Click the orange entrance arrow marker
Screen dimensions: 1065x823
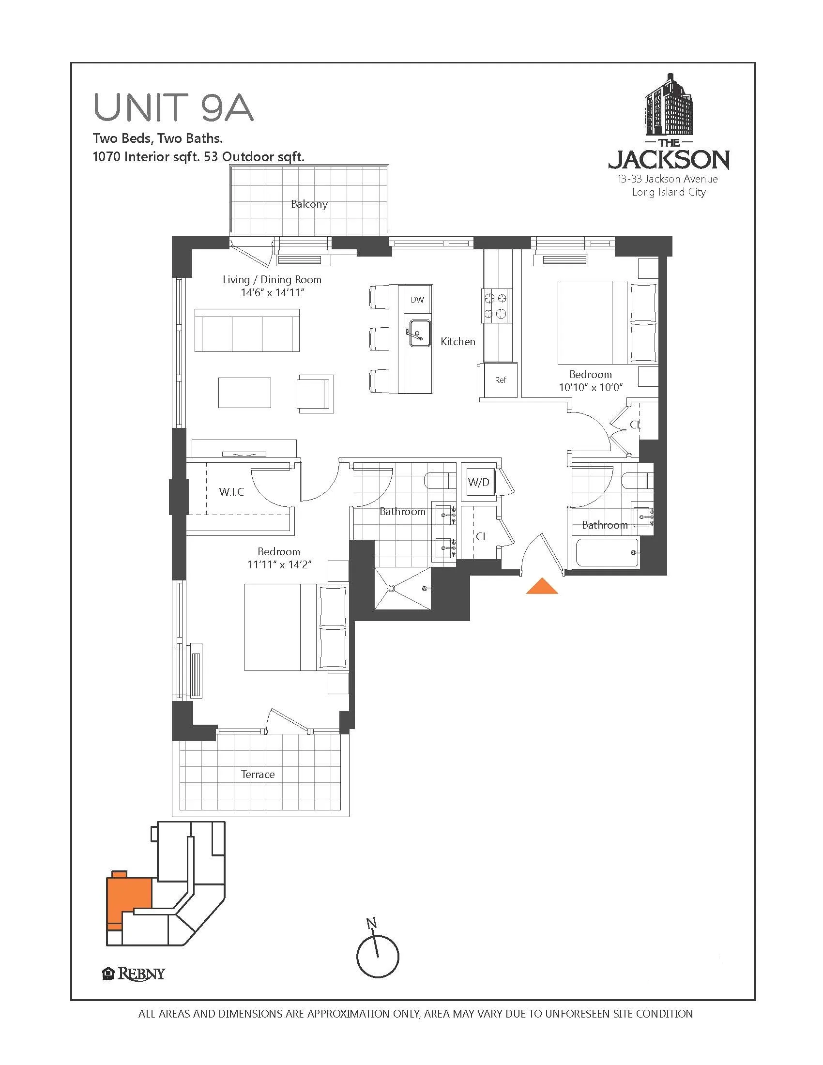[542, 587]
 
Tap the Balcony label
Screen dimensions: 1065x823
[309, 204]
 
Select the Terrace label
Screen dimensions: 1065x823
[258, 775]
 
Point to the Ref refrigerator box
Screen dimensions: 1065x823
[501, 380]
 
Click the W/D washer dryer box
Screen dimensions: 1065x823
[478, 482]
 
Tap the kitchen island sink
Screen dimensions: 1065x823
[419, 333]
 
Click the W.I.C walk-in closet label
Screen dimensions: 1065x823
[231, 491]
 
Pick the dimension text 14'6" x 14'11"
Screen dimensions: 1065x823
[273, 292]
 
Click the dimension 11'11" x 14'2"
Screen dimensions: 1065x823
[279, 564]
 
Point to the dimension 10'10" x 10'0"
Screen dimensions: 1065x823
[591, 388]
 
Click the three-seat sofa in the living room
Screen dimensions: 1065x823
[247, 330]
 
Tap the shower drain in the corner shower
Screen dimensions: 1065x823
[391, 589]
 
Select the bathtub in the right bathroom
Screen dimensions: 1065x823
[607, 552]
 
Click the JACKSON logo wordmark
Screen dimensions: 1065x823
[669, 159]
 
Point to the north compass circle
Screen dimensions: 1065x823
[378, 956]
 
